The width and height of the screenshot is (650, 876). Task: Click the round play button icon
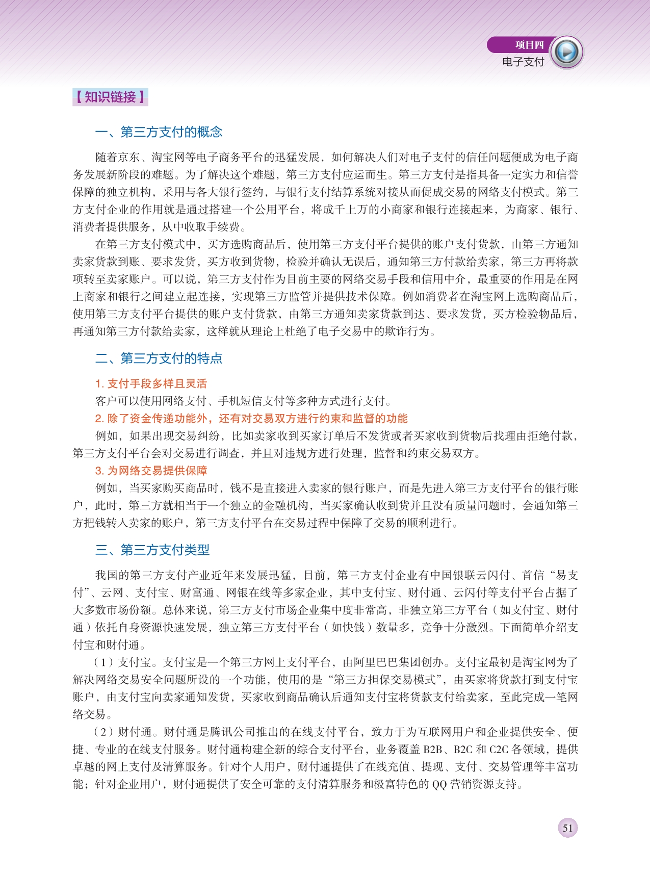pyautogui.click(x=567, y=52)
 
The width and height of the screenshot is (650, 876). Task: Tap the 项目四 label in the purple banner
pyautogui.click(x=529, y=45)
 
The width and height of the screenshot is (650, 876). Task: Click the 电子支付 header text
pyautogui.click(x=523, y=62)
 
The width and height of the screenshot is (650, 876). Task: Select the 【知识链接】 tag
pyautogui.click(x=110, y=97)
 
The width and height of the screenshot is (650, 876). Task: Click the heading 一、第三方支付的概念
pyautogui.click(x=159, y=132)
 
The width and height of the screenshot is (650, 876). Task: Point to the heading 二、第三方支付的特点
pyautogui.click(x=159, y=358)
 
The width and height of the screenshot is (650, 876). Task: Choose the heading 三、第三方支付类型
pyautogui.click(x=152, y=550)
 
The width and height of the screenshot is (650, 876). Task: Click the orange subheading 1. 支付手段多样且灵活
pyautogui.click(x=151, y=384)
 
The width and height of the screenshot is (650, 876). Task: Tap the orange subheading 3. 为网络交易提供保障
pyautogui.click(x=151, y=471)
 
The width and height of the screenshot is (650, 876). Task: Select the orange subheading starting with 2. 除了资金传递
pyautogui.click(x=251, y=419)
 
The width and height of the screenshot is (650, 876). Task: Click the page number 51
pyautogui.click(x=568, y=828)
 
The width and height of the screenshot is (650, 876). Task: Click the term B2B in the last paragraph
pyautogui.click(x=432, y=750)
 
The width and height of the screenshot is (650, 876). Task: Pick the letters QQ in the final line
pyautogui.click(x=439, y=784)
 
